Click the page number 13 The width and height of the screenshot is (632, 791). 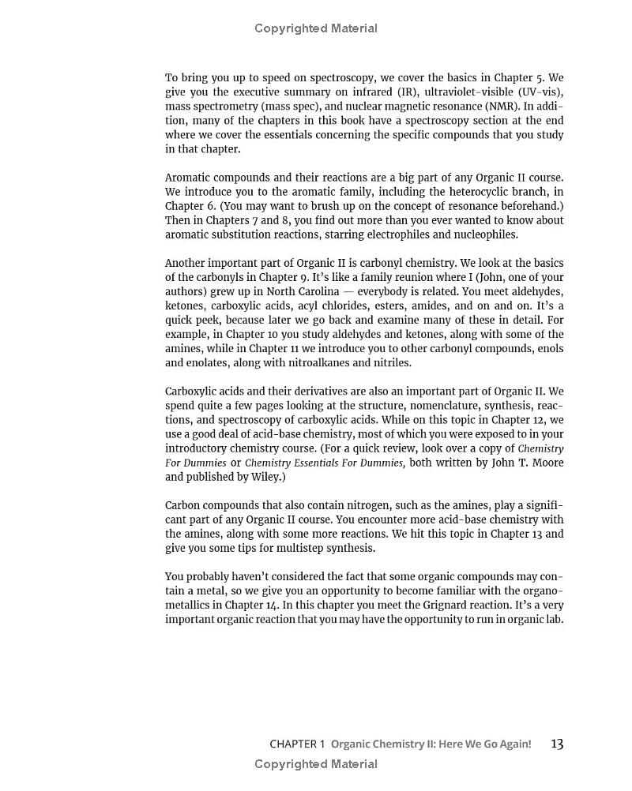(557, 744)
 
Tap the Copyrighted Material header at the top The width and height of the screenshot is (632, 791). (316, 28)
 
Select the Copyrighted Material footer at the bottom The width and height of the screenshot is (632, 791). (316, 764)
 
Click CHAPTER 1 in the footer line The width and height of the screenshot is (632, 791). (297, 744)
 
